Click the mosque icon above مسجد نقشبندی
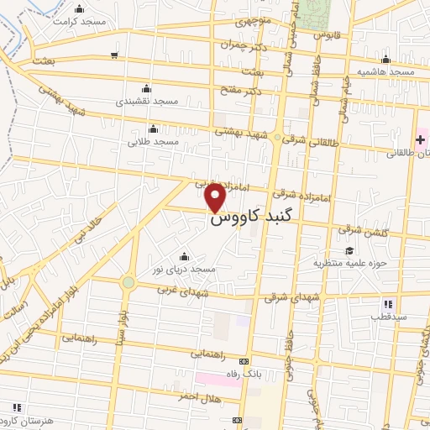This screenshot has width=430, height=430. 147,88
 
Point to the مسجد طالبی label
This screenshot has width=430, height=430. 153,142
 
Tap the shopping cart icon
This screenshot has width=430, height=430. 113,56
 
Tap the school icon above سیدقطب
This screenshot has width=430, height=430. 387,303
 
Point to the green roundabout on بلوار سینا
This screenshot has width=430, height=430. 128,283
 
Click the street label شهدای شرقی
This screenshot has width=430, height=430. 292,297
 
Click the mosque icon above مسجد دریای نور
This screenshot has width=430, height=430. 184,256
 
